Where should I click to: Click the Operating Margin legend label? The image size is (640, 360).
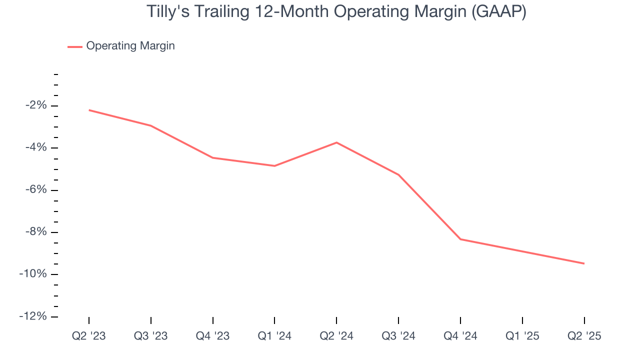[x=130, y=46]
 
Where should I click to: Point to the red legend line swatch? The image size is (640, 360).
[x=75, y=46]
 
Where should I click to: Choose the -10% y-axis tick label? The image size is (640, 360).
[x=33, y=274]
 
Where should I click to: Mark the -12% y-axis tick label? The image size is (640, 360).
[x=33, y=316]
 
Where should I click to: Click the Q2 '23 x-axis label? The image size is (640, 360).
[x=89, y=336]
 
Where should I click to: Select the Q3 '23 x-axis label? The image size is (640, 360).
[x=151, y=336]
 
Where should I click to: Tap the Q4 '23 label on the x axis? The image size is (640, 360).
[x=213, y=336]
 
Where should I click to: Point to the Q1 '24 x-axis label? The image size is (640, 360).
[x=274, y=336]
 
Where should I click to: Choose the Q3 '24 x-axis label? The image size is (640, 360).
[x=398, y=336]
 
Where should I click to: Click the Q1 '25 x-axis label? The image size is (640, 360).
[x=522, y=336]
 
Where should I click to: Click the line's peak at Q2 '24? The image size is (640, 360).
[x=336, y=142]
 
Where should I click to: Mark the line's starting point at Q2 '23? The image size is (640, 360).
[x=89, y=110]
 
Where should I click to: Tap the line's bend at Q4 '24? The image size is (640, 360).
[x=460, y=239]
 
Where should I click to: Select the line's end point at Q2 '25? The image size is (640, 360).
[x=584, y=263]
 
